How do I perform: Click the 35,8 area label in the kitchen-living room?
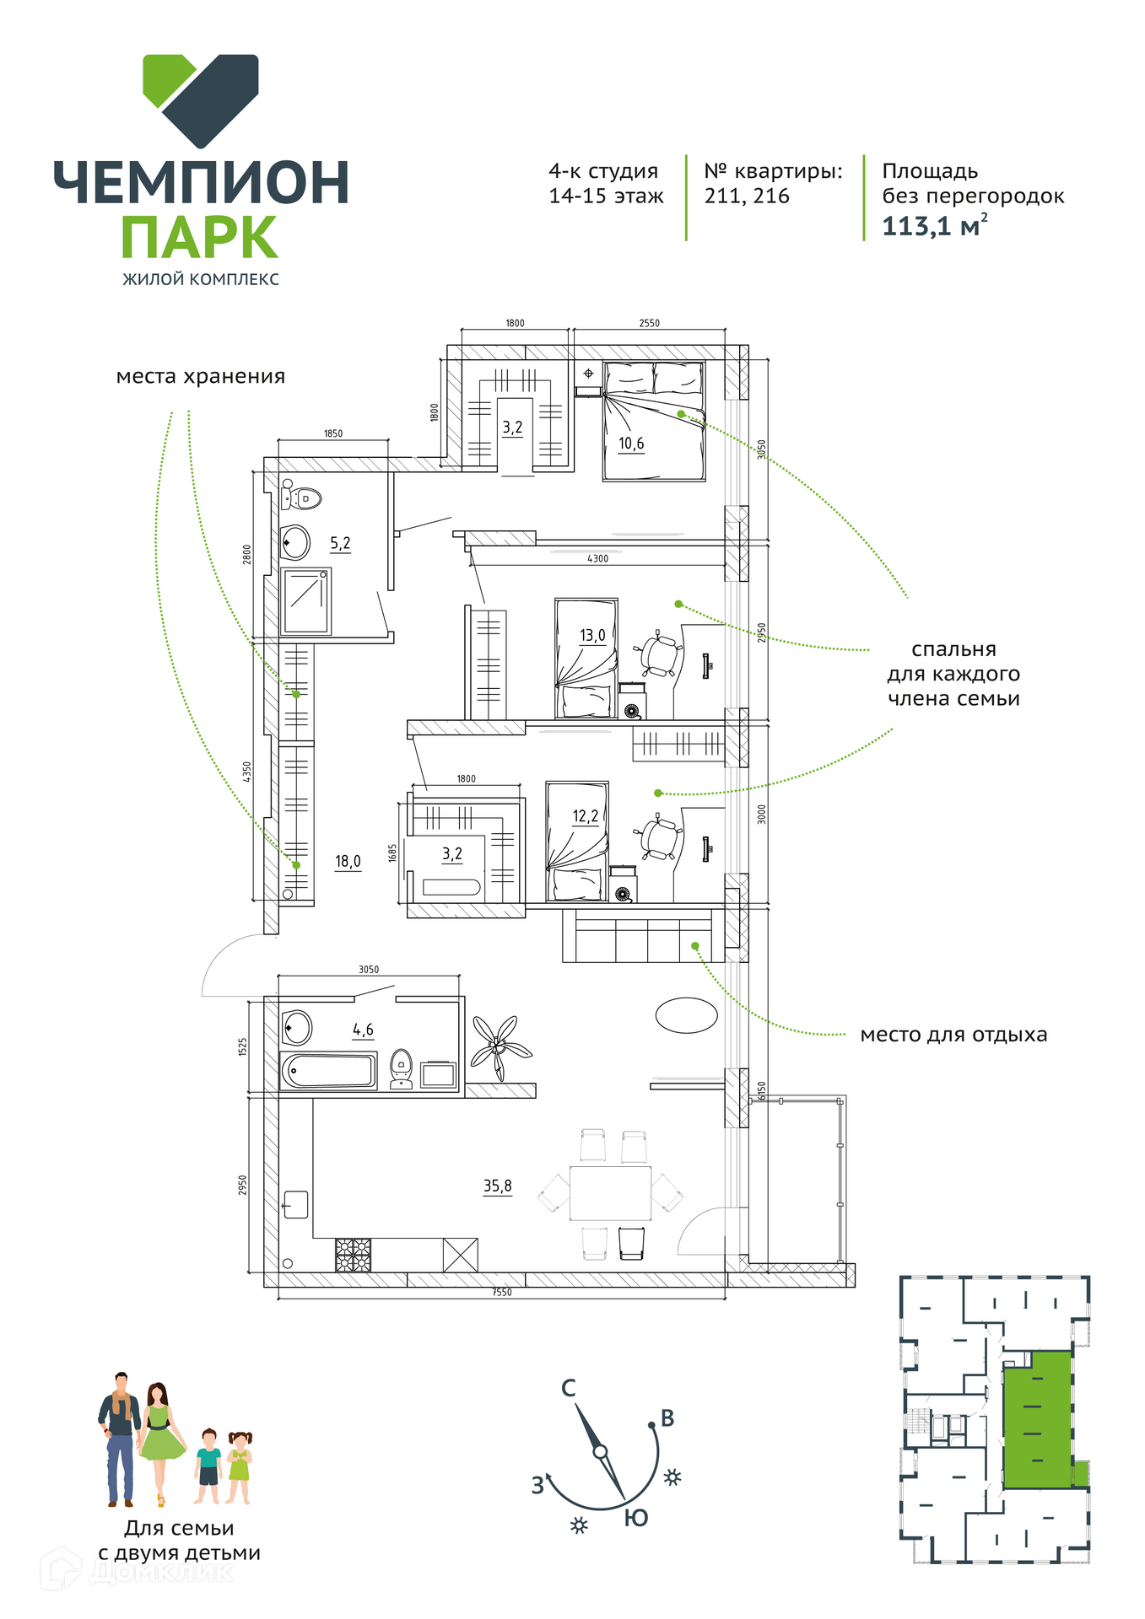pos(497,1186)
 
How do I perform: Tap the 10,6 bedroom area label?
pos(631,444)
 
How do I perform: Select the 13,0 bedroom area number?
pos(592,635)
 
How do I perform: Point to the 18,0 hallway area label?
pos(348,861)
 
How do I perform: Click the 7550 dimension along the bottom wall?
pos(502,1292)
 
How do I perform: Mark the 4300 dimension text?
pos(597,558)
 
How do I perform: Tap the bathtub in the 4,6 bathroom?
pos(328,1071)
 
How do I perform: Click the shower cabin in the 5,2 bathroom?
pos(305,601)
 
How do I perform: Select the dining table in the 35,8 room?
pos(610,1193)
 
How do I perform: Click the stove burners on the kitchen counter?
pos(353,1255)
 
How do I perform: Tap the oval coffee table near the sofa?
pos(687,1015)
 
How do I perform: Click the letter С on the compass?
pos(569,1389)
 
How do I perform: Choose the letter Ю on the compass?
pos(636,1519)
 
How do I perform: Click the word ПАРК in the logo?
pos(200,238)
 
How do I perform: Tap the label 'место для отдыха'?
pos(953,1035)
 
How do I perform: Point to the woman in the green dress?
pos(159,1444)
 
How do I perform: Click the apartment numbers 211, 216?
pos(747,196)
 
